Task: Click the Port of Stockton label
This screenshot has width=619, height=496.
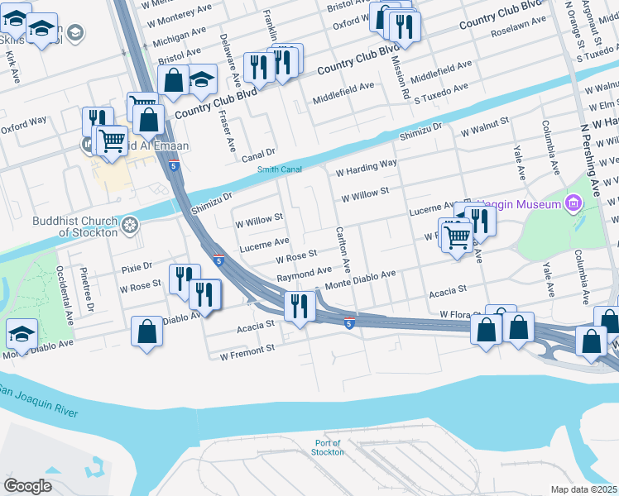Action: point(328,447)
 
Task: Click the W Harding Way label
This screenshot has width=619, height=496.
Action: point(367,169)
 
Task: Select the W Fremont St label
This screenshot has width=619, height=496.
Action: point(247,351)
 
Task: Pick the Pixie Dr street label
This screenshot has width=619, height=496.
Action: point(137,267)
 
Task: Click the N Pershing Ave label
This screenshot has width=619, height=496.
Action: point(590,157)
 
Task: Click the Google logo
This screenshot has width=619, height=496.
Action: point(28,486)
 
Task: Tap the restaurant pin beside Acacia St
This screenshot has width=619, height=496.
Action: point(297,307)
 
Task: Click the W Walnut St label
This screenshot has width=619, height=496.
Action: point(485,131)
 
